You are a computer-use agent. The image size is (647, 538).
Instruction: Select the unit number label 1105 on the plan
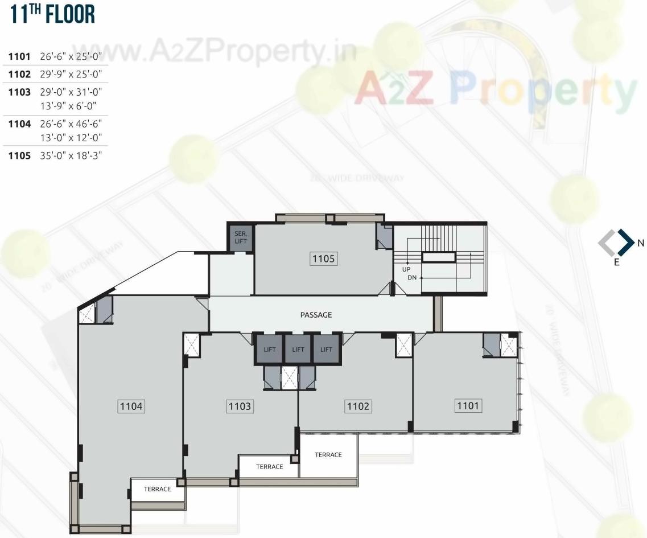pyautogui.click(x=324, y=259)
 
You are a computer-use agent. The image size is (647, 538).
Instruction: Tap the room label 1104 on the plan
pyautogui.click(x=131, y=406)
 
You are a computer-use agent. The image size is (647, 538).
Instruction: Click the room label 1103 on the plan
pyautogui.click(x=240, y=406)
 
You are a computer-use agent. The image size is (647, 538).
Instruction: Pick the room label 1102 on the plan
pyautogui.click(x=358, y=406)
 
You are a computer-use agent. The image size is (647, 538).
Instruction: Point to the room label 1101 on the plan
pyautogui.click(x=468, y=405)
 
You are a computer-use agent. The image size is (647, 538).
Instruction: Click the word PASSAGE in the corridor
pyautogui.click(x=316, y=315)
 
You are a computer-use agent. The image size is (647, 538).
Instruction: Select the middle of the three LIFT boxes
pyautogui.click(x=298, y=350)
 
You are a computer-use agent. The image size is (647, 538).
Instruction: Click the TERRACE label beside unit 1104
pyautogui.click(x=157, y=489)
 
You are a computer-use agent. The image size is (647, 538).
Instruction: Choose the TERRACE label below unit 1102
pyautogui.click(x=328, y=455)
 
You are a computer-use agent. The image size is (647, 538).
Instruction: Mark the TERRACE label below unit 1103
pyautogui.click(x=269, y=467)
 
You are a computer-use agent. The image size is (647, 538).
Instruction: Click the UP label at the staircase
pyautogui.click(x=406, y=269)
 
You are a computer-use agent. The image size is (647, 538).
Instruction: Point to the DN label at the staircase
pyautogui.click(x=412, y=278)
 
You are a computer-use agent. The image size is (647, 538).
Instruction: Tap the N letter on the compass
pyautogui.click(x=641, y=243)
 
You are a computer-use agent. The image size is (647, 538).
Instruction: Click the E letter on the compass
pyautogui.click(x=616, y=263)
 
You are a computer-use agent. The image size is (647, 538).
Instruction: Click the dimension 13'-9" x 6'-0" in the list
pyautogui.click(x=68, y=105)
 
